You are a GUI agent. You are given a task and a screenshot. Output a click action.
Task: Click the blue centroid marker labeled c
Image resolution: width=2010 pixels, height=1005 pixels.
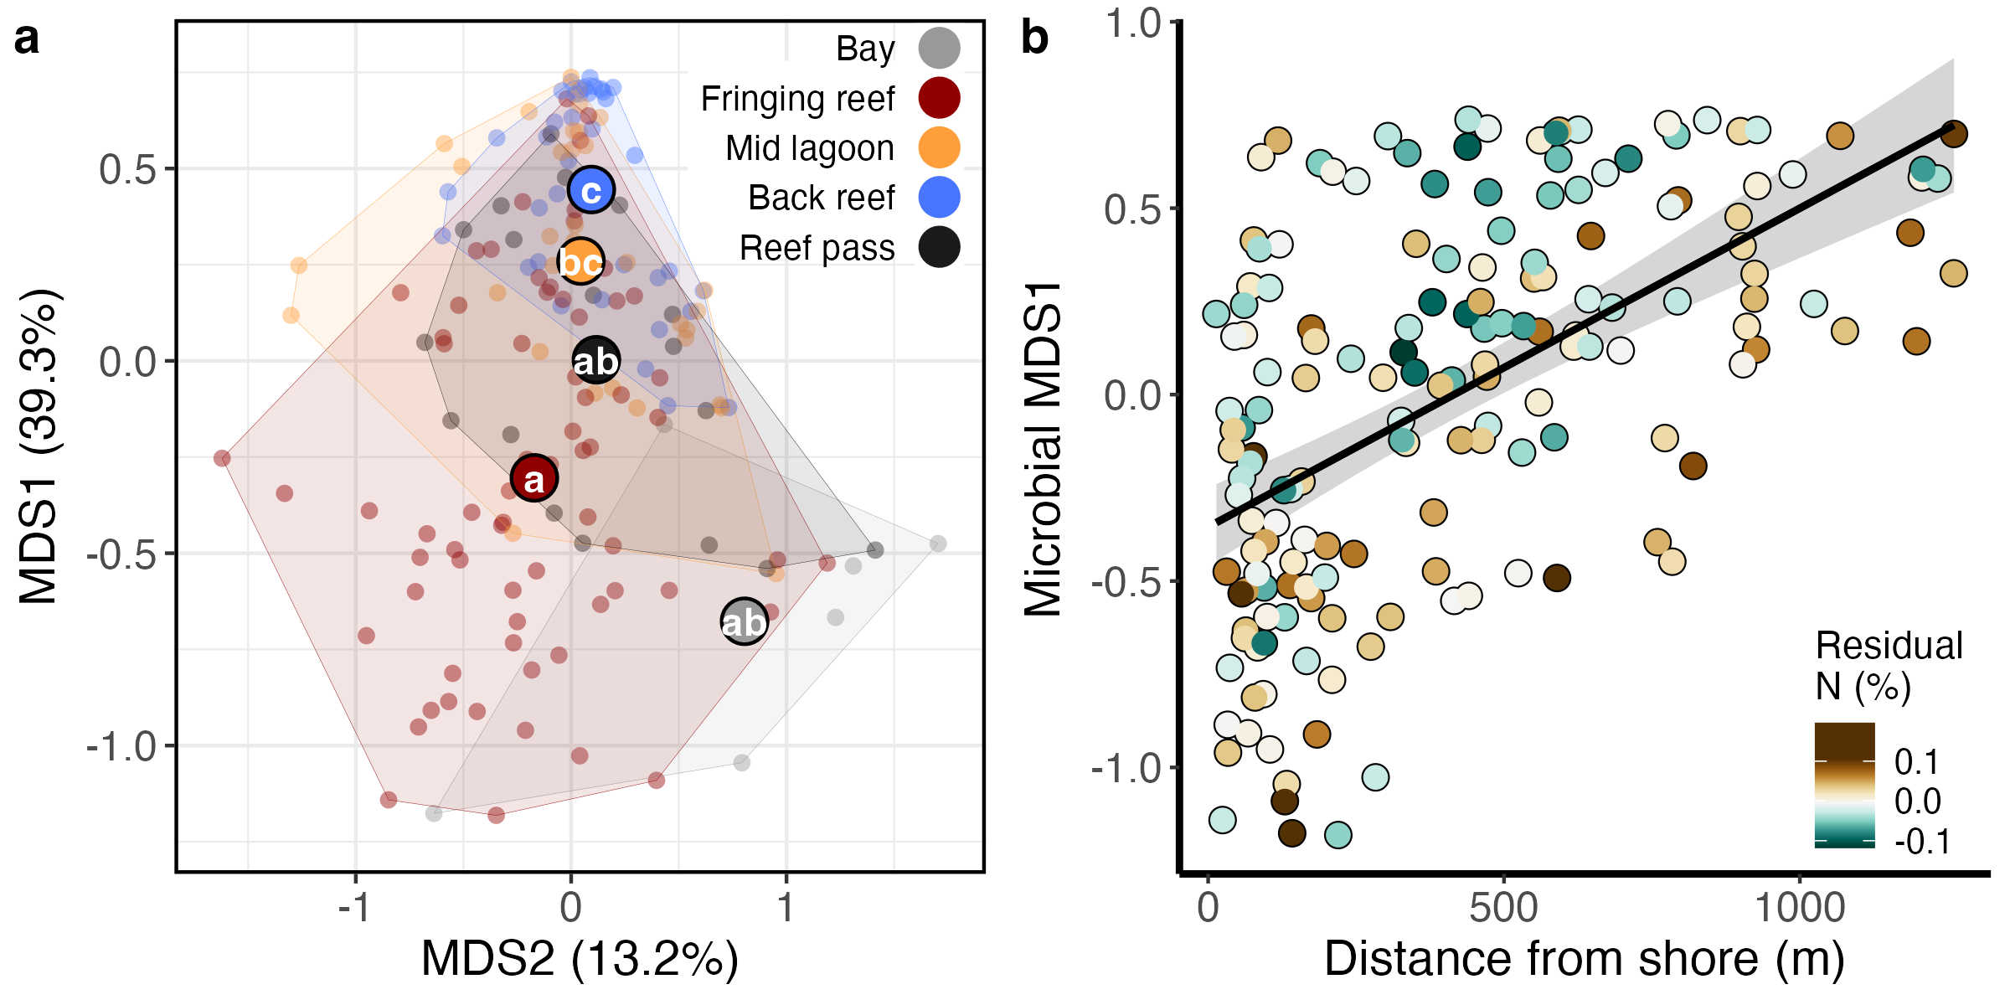tap(591, 190)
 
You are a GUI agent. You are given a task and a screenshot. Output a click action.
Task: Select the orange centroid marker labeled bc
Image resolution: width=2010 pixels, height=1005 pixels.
tap(580, 261)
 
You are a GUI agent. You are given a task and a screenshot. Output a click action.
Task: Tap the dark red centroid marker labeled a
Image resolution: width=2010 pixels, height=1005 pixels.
tap(533, 478)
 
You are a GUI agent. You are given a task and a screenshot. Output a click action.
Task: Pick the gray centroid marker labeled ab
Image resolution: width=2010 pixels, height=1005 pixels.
tap(744, 621)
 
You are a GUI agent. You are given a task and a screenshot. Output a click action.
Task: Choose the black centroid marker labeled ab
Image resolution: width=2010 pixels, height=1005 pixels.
tap(595, 361)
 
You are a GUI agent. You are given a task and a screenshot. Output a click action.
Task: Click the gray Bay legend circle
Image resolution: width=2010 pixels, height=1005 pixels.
tap(939, 48)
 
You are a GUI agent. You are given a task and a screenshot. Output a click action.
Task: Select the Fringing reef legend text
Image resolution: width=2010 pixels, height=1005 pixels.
tap(797, 99)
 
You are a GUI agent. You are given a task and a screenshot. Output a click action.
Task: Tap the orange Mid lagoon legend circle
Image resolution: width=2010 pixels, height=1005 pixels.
tap(939, 148)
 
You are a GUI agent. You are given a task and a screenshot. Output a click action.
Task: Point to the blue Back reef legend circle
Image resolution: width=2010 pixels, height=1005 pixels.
tap(939, 198)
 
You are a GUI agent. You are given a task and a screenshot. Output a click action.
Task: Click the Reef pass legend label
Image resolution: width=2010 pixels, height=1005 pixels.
tap(817, 248)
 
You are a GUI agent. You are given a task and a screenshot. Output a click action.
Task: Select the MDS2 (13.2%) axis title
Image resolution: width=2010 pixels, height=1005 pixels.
tap(580, 958)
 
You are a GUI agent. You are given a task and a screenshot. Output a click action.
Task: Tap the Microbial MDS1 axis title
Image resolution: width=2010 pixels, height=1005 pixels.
tap(1044, 449)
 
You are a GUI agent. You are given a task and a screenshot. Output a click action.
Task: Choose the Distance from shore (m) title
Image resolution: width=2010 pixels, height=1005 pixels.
tap(1584, 958)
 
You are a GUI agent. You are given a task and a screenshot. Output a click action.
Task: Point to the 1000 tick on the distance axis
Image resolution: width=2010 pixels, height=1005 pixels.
tap(1800, 908)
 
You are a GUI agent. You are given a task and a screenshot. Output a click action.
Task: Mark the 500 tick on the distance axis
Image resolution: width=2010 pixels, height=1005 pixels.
tap(1503, 908)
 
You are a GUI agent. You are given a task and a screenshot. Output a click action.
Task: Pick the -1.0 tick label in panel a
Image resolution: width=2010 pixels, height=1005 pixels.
tap(122, 746)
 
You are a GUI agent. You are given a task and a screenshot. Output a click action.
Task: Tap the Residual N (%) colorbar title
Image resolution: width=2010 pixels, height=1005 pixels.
tap(1889, 666)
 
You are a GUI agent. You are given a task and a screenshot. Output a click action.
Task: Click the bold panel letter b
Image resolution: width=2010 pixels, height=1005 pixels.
tap(1035, 39)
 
